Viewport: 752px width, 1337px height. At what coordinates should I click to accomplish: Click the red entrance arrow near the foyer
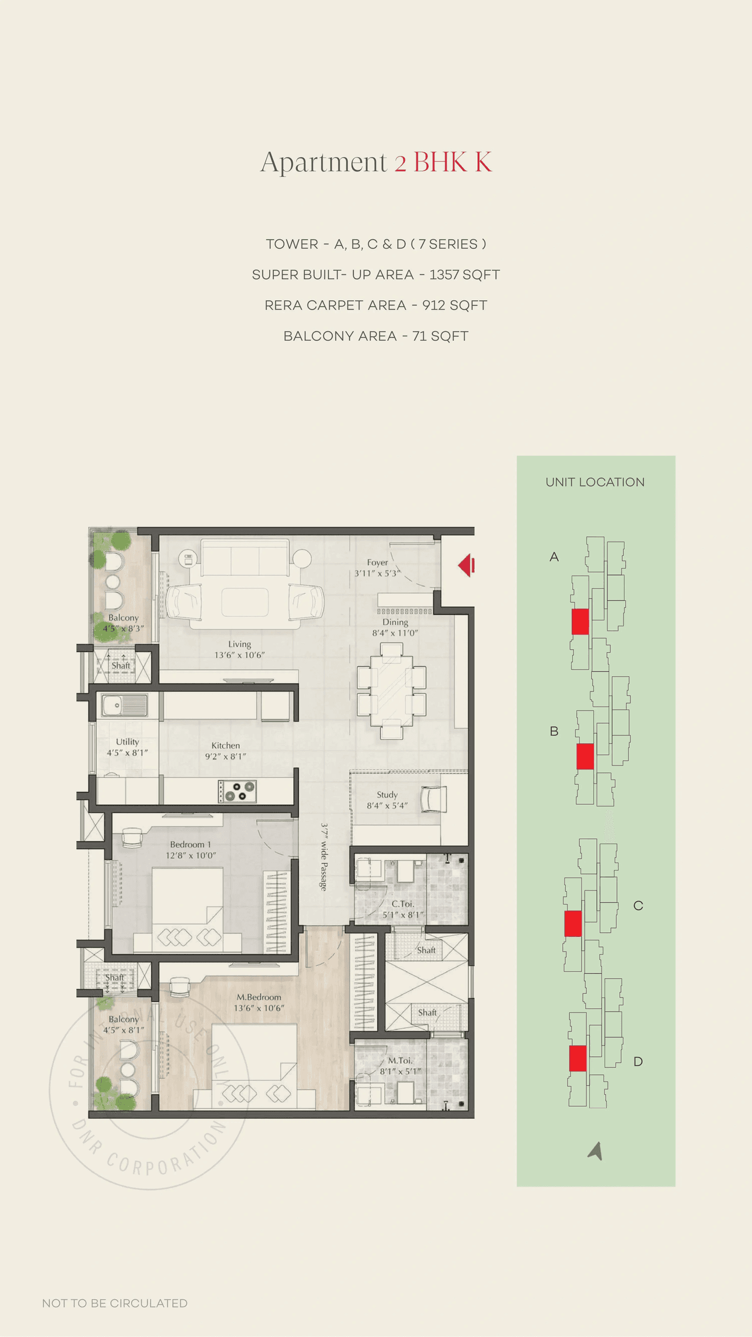pyautogui.click(x=466, y=565)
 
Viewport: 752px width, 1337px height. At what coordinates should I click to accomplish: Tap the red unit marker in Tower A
pyautogui.click(x=580, y=622)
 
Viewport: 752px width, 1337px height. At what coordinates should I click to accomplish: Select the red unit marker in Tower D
pyautogui.click(x=578, y=1058)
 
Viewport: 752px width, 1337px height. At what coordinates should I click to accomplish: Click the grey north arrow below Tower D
pyautogui.click(x=596, y=1151)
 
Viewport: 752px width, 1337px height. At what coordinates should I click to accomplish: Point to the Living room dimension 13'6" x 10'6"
pyautogui.click(x=239, y=655)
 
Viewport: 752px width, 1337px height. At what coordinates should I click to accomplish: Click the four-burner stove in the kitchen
pyautogui.click(x=237, y=791)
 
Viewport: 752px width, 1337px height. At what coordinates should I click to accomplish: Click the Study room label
pyautogui.click(x=387, y=794)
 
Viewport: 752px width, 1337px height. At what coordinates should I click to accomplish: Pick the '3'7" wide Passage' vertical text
pyautogui.click(x=323, y=857)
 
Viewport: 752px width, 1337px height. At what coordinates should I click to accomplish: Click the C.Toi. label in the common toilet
pyautogui.click(x=402, y=903)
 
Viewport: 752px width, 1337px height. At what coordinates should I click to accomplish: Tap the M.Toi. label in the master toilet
pyautogui.click(x=400, y=1060)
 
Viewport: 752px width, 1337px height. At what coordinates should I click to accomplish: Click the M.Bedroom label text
pyautogui.click(x=258, y=997)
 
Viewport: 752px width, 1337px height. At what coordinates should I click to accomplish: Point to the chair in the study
pyautogui.click(x=434, y=799)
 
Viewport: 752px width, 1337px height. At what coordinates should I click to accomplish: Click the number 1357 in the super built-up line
pyautogui.click(x=444, y=275)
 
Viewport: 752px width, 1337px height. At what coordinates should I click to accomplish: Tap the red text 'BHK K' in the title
pyautogui.click(x=452, y=162)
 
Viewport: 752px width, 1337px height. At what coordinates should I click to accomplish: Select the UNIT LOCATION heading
pyautogui.click(x=595, y=482)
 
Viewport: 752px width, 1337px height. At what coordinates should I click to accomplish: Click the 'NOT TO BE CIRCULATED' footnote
pyautogui.click(x=115, y=1303)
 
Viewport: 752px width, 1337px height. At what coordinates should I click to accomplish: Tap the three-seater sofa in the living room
pyautogui.click(x=245, y=558)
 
